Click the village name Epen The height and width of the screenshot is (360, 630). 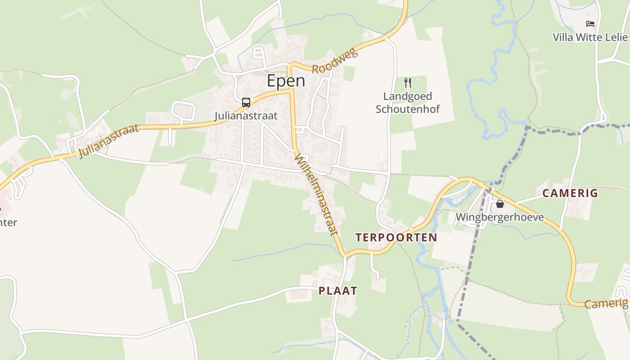[x=286, y=81]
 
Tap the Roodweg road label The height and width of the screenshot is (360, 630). [x=335, y=62]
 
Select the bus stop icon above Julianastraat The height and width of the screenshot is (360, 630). [x=246, y=103]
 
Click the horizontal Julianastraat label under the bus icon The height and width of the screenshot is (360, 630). [x=246, y=116]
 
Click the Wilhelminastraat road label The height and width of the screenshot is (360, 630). [x=316, y=194]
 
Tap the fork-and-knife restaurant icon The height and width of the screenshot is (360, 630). [x=408, y=83]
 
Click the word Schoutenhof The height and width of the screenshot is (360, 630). [x=408, y=109]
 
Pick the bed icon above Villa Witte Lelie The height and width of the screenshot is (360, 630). [x=590, y=24]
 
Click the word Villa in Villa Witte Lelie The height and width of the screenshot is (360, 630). [x=562, y=37]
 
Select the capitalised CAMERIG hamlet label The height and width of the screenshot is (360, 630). [x=570, y=193]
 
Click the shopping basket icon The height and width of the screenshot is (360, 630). [x=499, y=204]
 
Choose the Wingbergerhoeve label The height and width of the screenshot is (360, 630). [x=499, y=217]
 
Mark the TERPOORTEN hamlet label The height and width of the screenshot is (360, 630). [x=396, y=238]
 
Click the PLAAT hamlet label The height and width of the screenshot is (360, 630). [x=338, y=291]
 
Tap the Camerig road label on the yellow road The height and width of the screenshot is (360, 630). [x=606, y=304]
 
